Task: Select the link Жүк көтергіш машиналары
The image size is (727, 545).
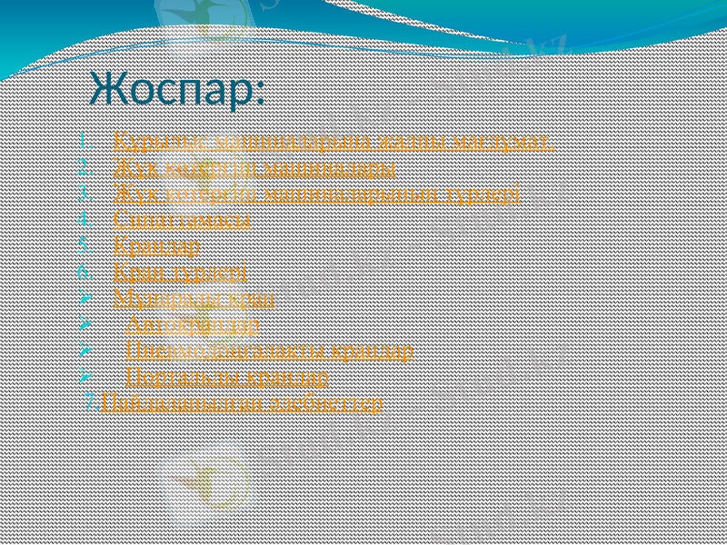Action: [254, 168]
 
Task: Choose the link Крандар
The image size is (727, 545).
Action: [157, 245]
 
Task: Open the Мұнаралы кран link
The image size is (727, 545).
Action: [195, 297]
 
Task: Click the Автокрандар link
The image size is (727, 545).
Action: [193, 323]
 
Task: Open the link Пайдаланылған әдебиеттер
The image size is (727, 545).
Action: [242, 402]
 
